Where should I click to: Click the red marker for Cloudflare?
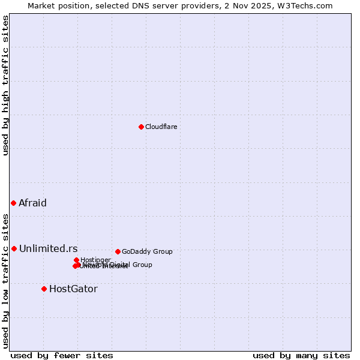pyautogui.click(x=141, y=127)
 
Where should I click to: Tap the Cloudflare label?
pyautogui.click(x=161, y=127)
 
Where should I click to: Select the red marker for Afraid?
pyautogui.click(x=13, y=203)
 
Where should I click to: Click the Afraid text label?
pyautogui.click(x=32, y=203)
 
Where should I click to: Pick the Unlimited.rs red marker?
pyautogui.click(x=14, y=248)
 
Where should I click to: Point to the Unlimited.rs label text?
pyautogui.click(x=48, y=248)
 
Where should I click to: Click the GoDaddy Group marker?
pyautogui.click(x=118, y=251)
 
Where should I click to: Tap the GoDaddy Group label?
pyautogui.click(x=147, y=251)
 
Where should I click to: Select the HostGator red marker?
pyautogui.click(x=44, y=289)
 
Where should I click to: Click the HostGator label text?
pyautogui.click(x=73, y=289)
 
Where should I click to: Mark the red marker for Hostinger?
pyautogui.click(x=76, y=260)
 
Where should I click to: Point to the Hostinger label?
pyautogui.click(x=95, y=260)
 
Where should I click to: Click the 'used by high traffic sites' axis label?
pyautogui.click(x=6, y=85)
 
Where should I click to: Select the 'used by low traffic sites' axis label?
pyautogui.click(x=6, y=281)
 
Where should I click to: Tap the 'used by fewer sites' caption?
pyautogui.click(x=62, y=355)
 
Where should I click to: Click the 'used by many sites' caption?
pyautogui.click(x=301, y=355)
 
